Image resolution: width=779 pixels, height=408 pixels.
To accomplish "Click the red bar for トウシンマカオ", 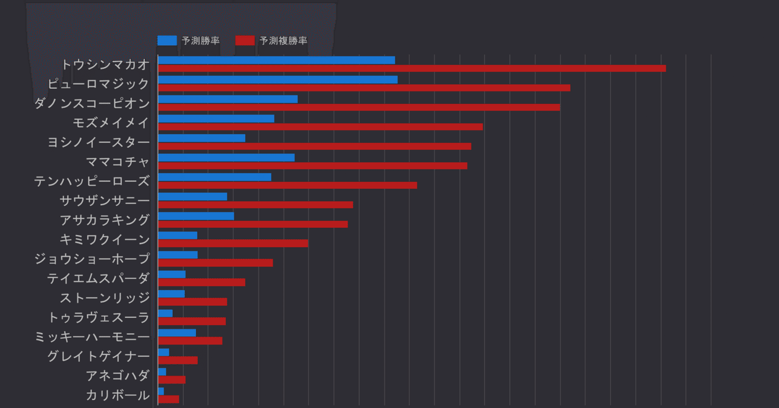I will click(x=411, y=68).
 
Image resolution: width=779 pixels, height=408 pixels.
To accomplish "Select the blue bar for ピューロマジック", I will click(x=278, y=80).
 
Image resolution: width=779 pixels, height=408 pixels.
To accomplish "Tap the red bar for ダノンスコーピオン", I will click(x=358, y=107).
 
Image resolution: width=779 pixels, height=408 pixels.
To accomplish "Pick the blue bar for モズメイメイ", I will click(x=216, y=119).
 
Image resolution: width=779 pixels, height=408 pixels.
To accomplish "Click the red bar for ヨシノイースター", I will click(x=314, y=146).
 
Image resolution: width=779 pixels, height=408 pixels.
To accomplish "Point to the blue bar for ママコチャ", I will click(x=226, y=158).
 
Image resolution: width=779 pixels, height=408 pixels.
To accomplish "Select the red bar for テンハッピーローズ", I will click(x=287, y=185).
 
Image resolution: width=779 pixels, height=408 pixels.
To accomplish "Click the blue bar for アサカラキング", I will click(x=196, y=216).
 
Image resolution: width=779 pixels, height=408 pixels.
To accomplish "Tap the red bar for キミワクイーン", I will click(x=233, y=244).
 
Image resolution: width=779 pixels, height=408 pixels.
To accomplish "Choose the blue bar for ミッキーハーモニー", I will click(x=177, y=333).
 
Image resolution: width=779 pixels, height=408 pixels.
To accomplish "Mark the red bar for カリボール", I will click(x=169, y=399).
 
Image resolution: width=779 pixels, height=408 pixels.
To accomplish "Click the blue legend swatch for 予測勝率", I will click(x=167, y=41).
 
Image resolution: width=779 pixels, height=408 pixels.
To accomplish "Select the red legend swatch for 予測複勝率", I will click(x=245, y=41).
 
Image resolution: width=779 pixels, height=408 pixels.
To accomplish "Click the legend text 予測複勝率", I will click(x=283, y=41).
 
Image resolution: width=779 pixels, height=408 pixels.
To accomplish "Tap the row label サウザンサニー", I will click(x=105, y=200).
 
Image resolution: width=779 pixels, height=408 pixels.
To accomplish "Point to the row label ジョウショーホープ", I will click(x=92, y=259).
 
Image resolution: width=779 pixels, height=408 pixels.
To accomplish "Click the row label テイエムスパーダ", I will click(x=99, y=278).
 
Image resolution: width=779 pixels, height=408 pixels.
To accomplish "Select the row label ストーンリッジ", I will click(x=105, y=298).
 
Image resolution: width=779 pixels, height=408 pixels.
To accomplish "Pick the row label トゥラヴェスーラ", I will click(x=99, y=317).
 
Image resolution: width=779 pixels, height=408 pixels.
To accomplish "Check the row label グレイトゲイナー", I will click(x=99, y=356).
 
